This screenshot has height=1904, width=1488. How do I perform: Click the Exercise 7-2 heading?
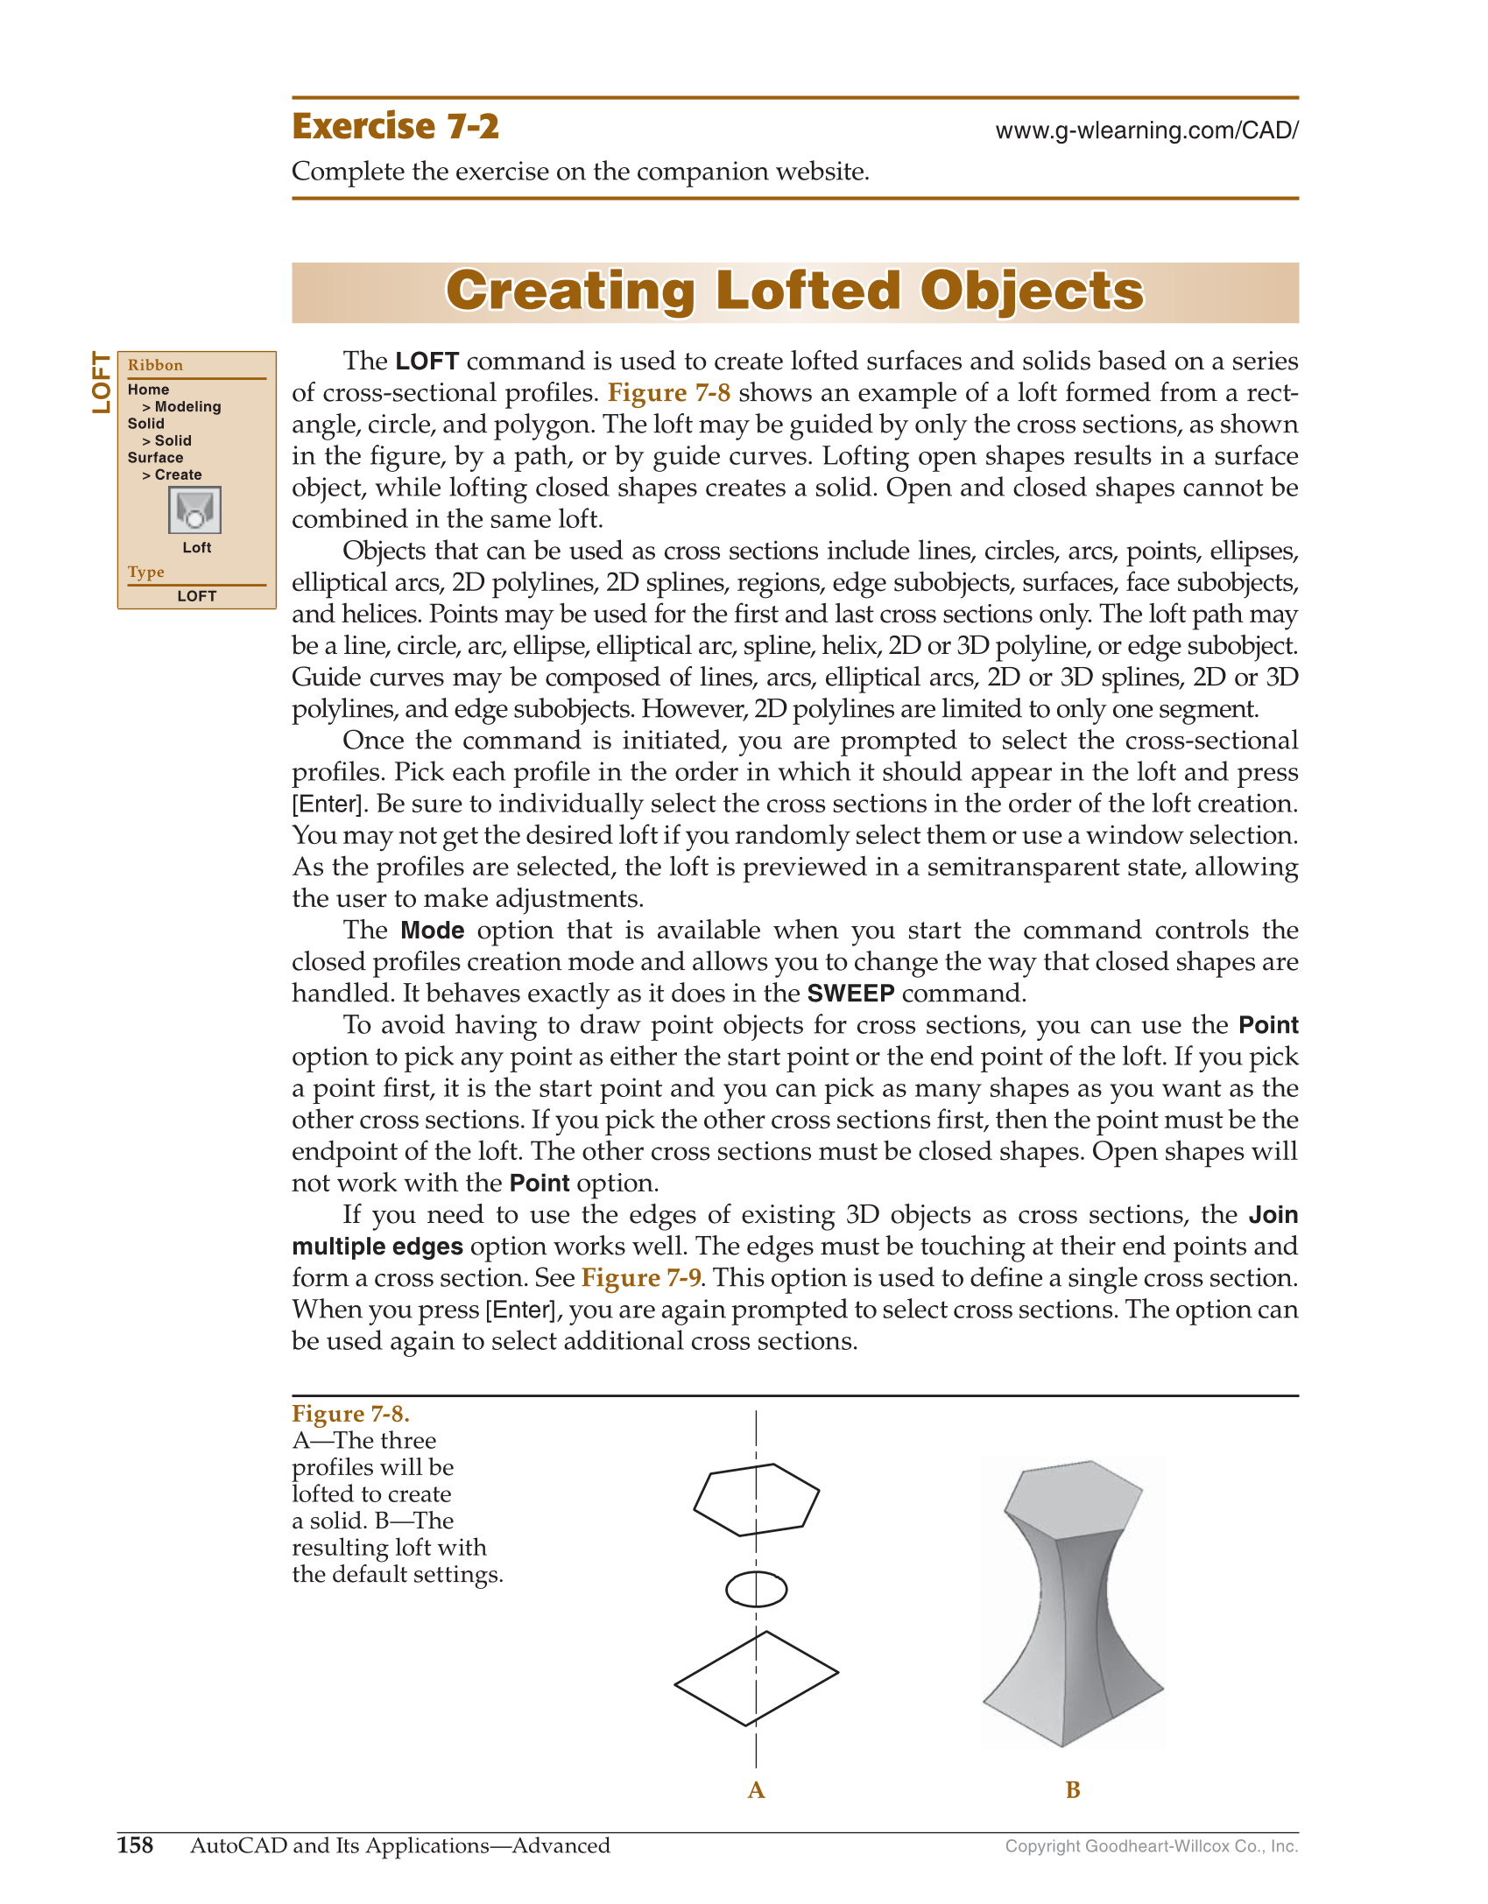[x=395, y=127]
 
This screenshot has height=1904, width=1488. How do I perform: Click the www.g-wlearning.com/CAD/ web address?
[x=1146, y=130]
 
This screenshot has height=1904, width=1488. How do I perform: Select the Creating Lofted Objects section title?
[x=794, y=292]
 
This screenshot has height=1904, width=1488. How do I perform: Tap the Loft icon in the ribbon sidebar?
[x=194, y=510]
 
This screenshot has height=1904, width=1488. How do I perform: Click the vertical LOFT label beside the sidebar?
[x=102, y=383]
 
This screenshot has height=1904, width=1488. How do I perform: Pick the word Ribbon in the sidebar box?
[x=155, y=365]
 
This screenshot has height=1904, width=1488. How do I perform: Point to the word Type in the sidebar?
[x=146, y=572]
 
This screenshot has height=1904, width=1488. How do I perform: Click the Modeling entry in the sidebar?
[x=187, y=406]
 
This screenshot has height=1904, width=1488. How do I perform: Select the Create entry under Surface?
[x=178, y=474]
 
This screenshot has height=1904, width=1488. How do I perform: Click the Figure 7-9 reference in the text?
[x=640, y=1277]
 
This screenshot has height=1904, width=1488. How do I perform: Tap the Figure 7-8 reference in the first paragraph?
[x=669, y=392]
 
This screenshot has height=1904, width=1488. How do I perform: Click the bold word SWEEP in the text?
[x=850, y=994]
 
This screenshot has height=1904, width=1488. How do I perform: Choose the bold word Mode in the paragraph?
[x=433, y=930]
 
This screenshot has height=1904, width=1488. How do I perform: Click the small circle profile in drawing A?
[x=757, y=1589]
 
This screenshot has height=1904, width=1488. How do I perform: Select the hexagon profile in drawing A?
[x=757, y=1500]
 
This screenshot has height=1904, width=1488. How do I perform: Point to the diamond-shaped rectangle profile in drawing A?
[x=757, y=1678]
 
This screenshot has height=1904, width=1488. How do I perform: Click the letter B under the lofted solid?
[x=1073, y=1790]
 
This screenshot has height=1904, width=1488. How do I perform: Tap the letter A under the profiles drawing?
[x=757, y=1790]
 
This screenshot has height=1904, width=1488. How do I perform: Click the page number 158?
[x=135, y=1845]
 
